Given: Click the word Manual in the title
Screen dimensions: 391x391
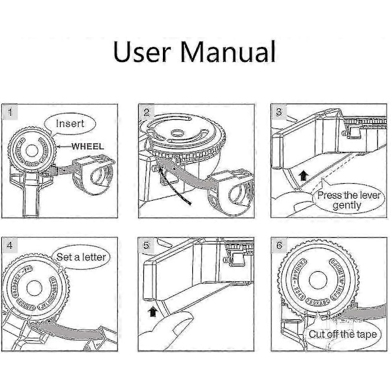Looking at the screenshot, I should tap(226, 50).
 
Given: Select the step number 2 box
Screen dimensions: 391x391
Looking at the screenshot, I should tap(147, 111).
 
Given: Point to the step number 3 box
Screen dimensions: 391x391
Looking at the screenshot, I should tap(279, 111).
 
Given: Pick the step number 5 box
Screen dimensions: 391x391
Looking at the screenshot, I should tap(147, 246).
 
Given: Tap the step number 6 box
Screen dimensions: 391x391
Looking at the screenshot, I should tap(279, 246).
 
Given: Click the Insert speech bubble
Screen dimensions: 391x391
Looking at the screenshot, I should tap(69, 123).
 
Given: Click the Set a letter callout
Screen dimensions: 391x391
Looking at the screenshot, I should tap(81, 257).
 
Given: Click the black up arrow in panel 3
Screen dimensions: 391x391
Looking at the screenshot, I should tap(303, 174).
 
